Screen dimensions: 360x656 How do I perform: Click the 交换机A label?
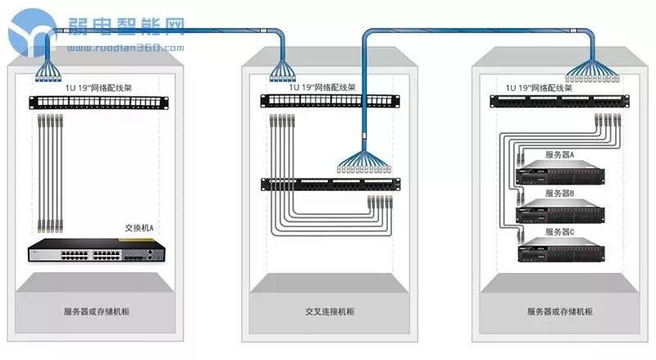click(139, 228)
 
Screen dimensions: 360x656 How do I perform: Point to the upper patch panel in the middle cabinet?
click(329, 102)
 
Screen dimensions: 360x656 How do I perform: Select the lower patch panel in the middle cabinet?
click(329, 184)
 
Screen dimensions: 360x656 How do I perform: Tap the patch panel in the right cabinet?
click(560, 102)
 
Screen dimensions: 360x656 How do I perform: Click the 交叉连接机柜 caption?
click(329, 312)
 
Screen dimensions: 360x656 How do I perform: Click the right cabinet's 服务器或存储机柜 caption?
click(560, 312)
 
